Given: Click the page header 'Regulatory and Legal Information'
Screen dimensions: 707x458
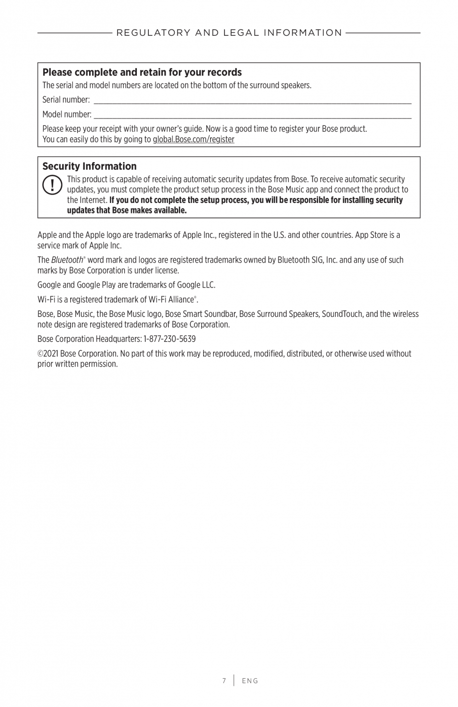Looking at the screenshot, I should coord(229,33).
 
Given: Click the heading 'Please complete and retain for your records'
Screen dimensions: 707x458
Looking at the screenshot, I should coord(142,72).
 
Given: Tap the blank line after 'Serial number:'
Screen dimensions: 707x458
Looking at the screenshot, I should coord(252,101).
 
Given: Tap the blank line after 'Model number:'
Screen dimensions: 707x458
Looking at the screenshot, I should coord(252,116).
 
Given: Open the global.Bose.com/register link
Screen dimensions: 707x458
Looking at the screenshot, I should coord(193,139).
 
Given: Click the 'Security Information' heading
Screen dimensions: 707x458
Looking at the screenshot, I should coord(89,166).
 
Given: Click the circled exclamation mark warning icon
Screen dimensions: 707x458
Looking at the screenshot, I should coord(52,185).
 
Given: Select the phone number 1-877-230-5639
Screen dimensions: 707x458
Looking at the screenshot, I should coord(169,339).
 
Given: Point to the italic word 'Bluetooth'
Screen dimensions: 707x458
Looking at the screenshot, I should coord(67,260).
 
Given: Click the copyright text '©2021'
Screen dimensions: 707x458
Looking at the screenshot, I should coord(48,354).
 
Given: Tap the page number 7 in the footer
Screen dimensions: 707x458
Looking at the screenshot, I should coord(224,681).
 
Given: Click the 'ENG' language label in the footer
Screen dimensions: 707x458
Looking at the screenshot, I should coord(250,681).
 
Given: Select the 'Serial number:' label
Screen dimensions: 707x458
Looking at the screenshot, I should coord(66,100).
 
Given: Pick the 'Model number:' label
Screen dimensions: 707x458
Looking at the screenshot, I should coord(67,114).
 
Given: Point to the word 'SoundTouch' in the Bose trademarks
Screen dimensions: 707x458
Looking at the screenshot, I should coord(342,314).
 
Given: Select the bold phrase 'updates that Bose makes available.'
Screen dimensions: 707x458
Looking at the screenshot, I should coord(127,210).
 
